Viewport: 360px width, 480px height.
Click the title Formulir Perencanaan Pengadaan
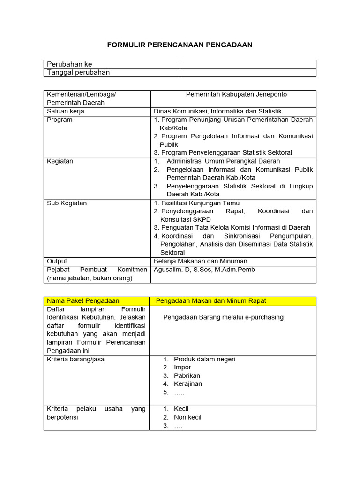coord(180,45)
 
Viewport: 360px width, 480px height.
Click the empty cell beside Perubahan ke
coord(248,64)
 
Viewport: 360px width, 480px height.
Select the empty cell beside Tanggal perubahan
coord(248,72)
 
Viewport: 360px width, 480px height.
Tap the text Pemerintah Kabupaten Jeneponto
coord(236,94)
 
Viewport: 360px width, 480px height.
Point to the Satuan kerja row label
coord(66,111)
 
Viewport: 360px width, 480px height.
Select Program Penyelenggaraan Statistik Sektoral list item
coord(226,153)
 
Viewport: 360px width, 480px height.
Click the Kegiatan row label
coord(60,161)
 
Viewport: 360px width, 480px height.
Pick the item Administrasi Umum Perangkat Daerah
coord(223,161)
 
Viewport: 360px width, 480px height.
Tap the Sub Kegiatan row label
coord(67,203)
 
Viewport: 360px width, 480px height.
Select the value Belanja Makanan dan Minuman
coord(201,261)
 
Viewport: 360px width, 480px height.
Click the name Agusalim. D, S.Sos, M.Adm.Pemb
coord(204,270)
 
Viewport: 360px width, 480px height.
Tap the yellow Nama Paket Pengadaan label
coord(83,300)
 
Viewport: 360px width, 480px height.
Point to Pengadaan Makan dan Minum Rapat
coord(211,300)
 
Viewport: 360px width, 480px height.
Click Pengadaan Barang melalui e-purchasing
coord(223,317)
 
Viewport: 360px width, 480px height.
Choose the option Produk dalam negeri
coord(204,359)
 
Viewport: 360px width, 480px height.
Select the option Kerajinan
coord(188,384)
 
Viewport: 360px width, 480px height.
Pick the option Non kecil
coord(187,417)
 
